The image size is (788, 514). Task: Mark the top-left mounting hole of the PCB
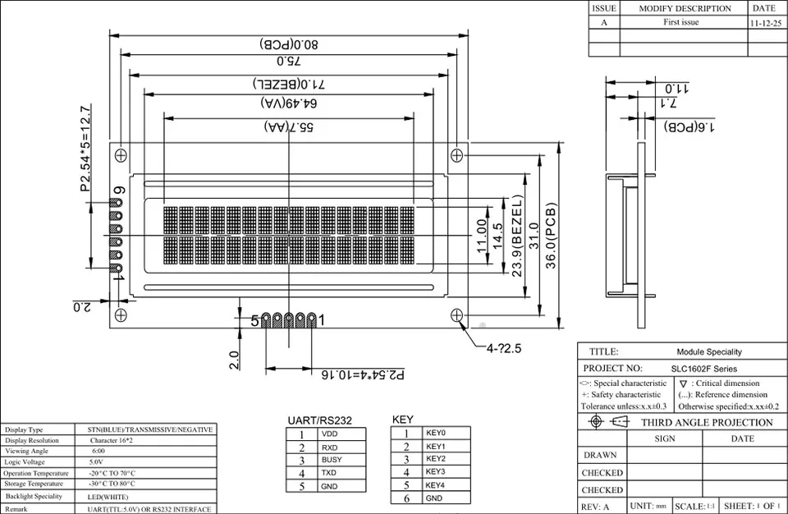(x=121, y=154)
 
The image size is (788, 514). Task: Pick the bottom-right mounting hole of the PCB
(x=456, y=314)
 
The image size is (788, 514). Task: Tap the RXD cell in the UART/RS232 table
(x=330, y=447)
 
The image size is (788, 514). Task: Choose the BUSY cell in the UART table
(x=332, y=461)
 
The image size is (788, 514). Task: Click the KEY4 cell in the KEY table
(x=435, y=485)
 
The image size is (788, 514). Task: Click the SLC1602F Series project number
(x=707, y=369)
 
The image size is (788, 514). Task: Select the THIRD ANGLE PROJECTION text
(x=706, y=423)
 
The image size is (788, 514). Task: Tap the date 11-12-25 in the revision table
(x=767, y=24)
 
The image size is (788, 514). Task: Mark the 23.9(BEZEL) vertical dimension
(x=518, y=236)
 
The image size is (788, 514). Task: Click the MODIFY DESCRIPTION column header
(x=685, y=8)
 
